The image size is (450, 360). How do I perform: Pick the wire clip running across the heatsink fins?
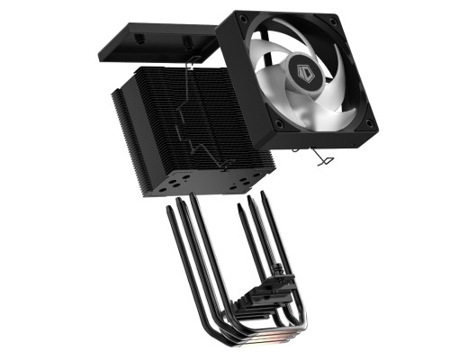click(198, 117)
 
